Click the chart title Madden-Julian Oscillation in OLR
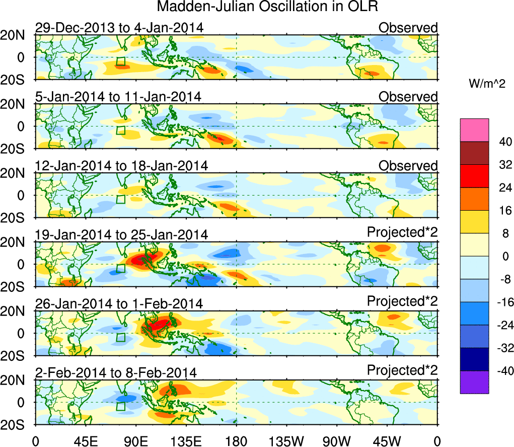coord(267,7)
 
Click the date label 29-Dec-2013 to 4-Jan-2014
coord(119,28)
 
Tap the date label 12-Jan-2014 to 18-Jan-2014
coord(121,166)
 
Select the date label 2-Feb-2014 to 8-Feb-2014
coord(116,373)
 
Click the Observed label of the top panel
coord(408,28)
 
